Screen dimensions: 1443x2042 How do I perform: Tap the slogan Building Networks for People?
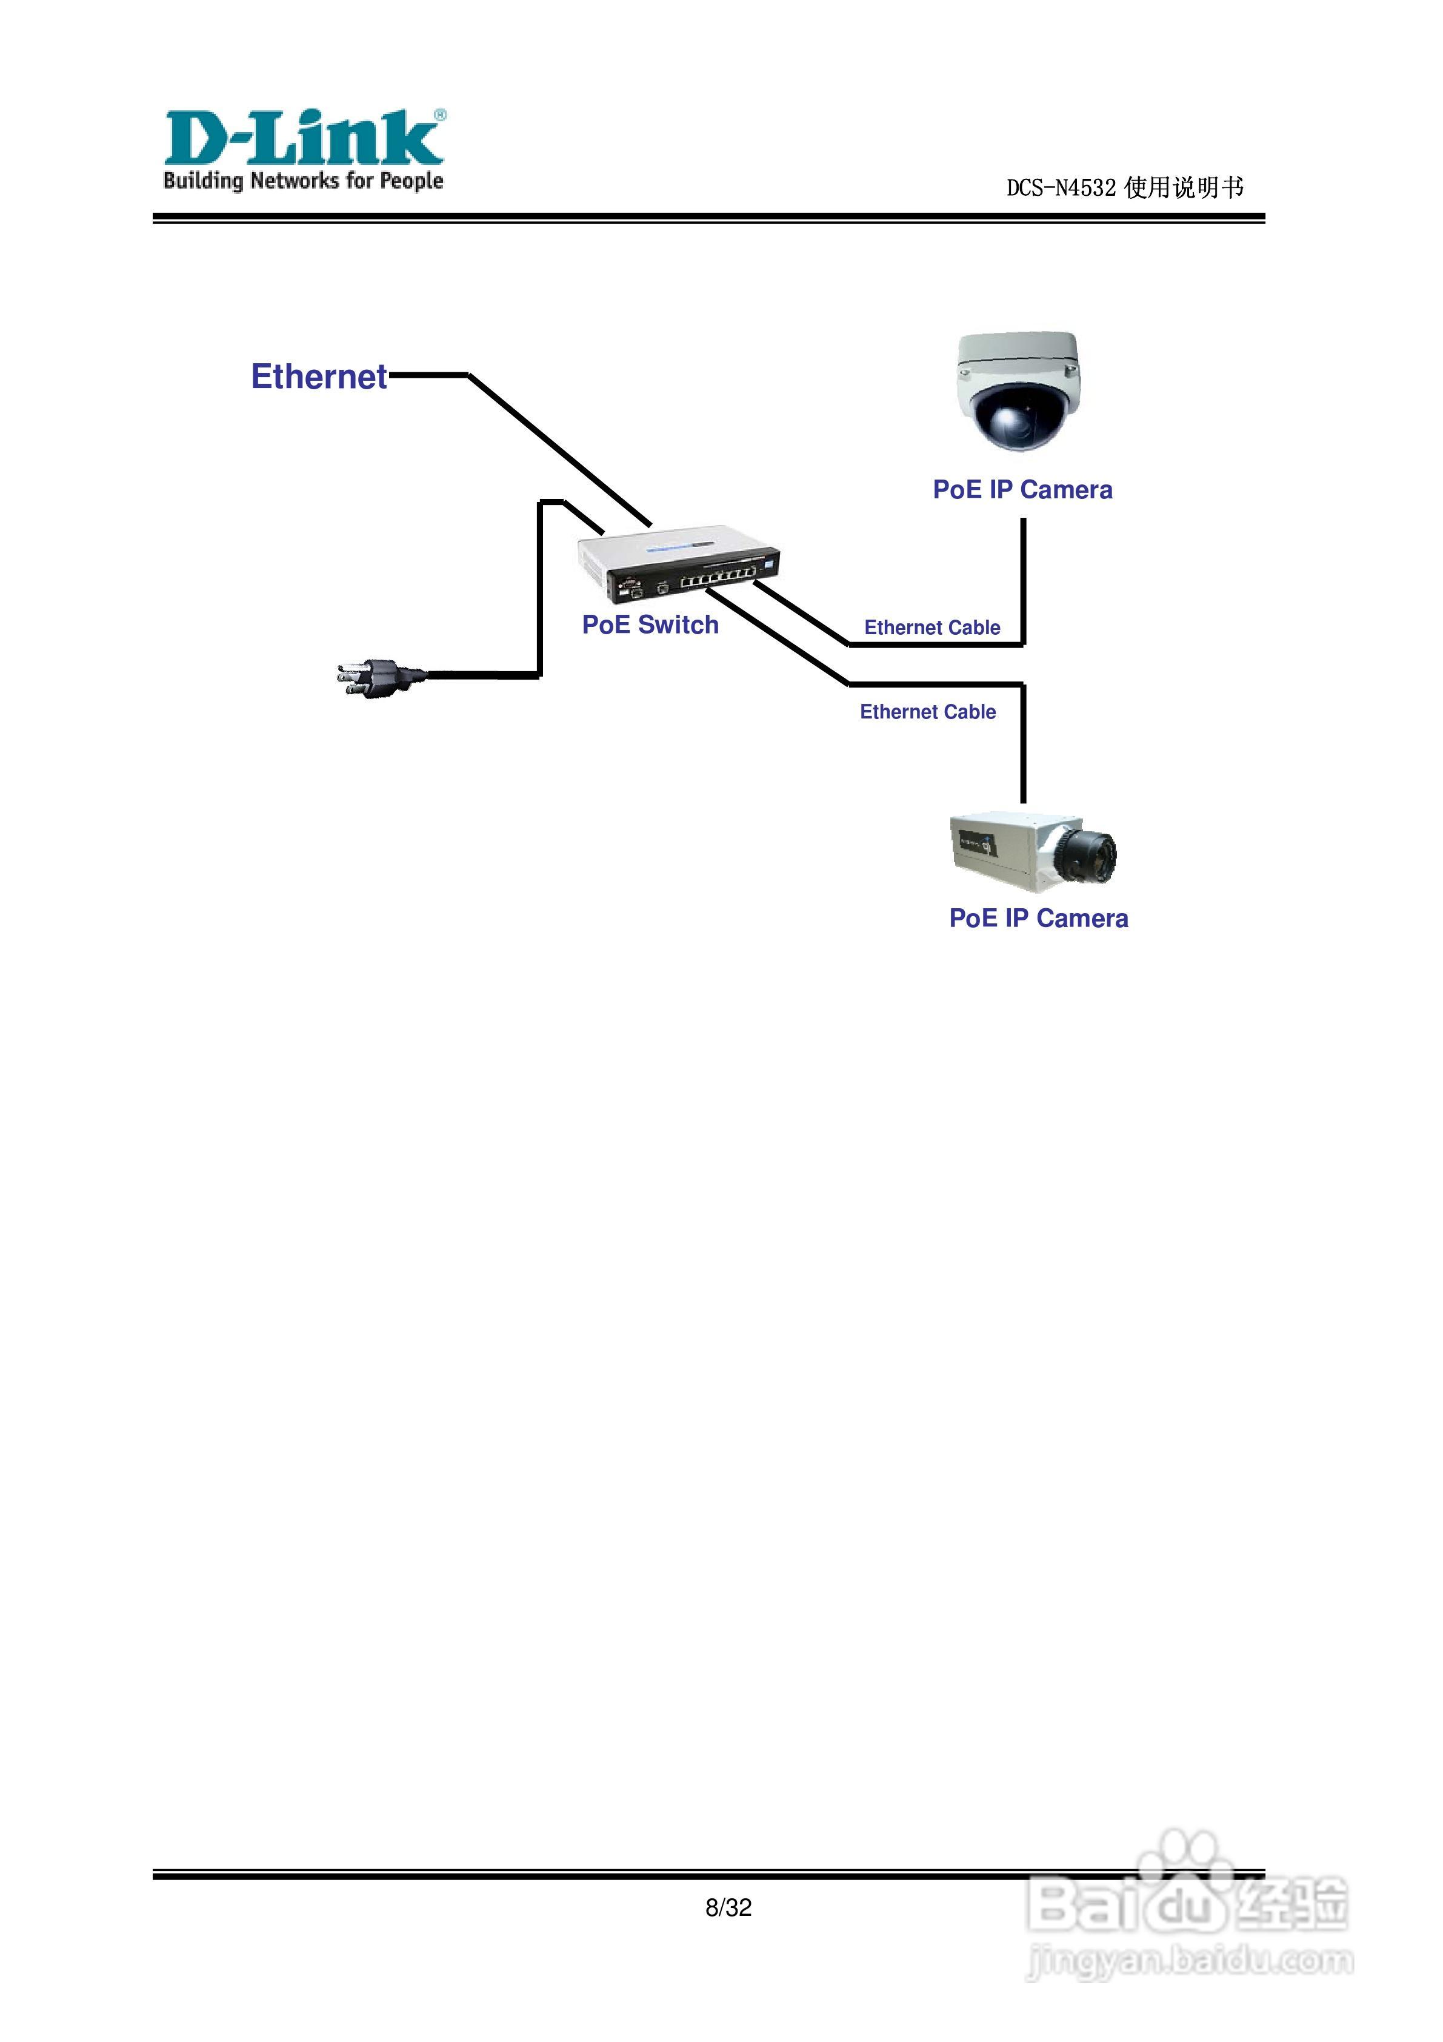pos(302,181)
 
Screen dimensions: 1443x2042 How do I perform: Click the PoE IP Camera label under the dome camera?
pos(1022,489)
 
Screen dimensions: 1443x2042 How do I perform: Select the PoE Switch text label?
pos(650,624)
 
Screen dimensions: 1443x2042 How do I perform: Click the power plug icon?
pos(378,678)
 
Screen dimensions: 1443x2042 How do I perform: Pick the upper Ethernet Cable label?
pos(931,628)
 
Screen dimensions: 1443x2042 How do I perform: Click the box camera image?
pos(1031,851)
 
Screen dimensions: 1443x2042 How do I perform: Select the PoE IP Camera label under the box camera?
pos(1038,918)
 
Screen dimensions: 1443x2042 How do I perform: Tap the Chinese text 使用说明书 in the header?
pos(1184,188)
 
